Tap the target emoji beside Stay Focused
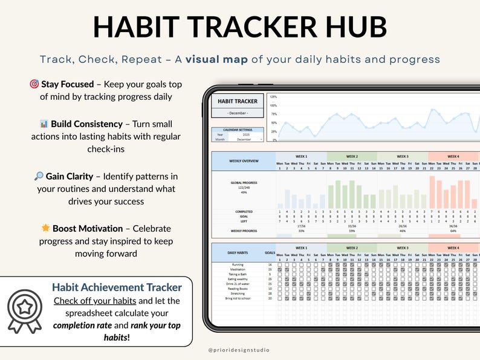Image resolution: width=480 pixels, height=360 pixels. pyautogui.click(x=34, y=84)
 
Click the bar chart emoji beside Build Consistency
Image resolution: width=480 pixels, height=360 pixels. pyautogui.click(x=44, y=123)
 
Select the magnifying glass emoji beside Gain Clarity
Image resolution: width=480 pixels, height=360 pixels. pyautogui.click(x=39, y=176)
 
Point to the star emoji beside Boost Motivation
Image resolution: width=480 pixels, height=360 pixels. pyautogui.click(x=45, y=229)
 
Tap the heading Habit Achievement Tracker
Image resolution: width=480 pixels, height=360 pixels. pyautogui.click(x=117, y=287)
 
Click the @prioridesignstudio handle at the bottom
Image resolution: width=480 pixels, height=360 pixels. pyautogui.click(x=239, y=350)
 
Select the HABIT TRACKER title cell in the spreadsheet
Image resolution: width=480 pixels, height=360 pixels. pyautogui.click(x=238, y=101)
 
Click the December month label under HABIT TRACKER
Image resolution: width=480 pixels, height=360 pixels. pyautogui.click(x=238, y=113)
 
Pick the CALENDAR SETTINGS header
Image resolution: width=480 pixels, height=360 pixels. pyautogui.click(x=238, y=130)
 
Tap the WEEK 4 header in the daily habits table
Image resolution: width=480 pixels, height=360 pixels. pyautogui.click(x=453, y=248)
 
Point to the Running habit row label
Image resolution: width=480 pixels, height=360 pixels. pyautogui.click(x=238, y=265)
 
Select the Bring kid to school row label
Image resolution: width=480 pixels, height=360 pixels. pyautogui.click(x=238, y=298)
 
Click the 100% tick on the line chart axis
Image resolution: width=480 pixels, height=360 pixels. pyautogui.click(x=273, y=105)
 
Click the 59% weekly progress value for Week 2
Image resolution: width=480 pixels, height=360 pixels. pyautogui.click(x=351, y=231)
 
